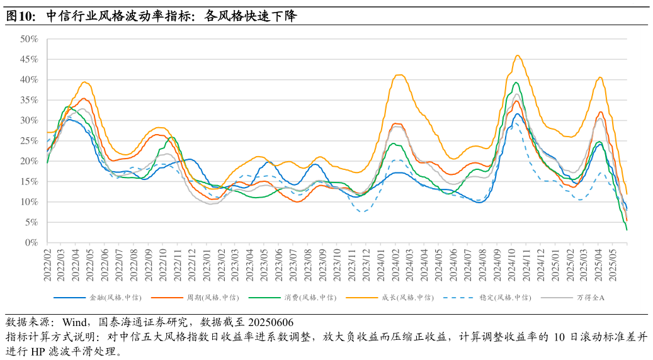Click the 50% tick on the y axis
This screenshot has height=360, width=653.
(x=29, y=39)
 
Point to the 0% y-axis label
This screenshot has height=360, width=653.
(x=31, y=243)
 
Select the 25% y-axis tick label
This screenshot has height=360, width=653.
(x=29, y=141)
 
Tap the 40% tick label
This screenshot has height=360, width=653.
(x=29, y=80)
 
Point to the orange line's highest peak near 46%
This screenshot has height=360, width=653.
(x=518, y=55)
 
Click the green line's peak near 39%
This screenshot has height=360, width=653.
(x=516, y=82)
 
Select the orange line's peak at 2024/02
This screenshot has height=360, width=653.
(x=399, y=75)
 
